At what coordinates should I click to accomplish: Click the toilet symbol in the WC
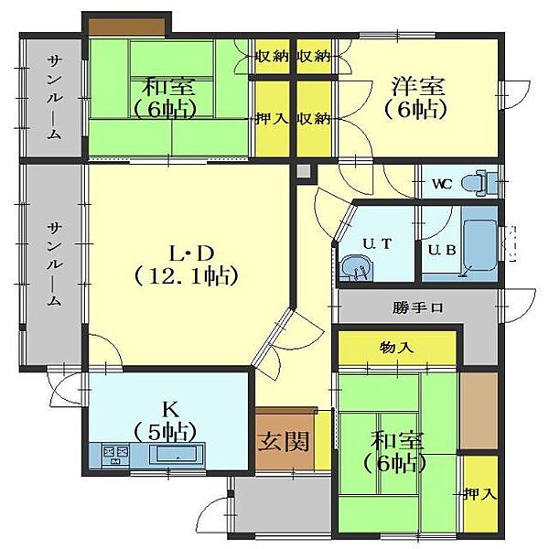click(478, 183)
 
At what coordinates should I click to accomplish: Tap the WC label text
click(442, 184)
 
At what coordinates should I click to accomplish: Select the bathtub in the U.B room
click(479, 246)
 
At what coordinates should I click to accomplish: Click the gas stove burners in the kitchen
click(115, 455)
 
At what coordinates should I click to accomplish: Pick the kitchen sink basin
click(177, 454)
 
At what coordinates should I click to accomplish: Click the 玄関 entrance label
click(284, 441)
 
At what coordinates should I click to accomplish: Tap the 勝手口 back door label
click(418, 307)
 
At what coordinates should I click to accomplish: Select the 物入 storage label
click(397, 348)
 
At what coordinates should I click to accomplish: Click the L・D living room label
click(191, 253)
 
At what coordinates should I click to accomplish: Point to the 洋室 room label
click(418, 86)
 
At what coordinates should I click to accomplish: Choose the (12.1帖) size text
click(187, 276)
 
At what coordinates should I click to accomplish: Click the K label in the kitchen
click(171, 409)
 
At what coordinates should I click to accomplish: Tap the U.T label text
click(377, 243)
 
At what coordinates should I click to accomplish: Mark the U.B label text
click(442, 250)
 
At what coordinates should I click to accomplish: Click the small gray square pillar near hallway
click(304, 172)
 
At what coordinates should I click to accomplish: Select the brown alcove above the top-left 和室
click(127, 27)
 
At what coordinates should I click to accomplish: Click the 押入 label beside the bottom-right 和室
click(480, 494)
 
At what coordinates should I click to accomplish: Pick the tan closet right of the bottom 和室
click(479, 410)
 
